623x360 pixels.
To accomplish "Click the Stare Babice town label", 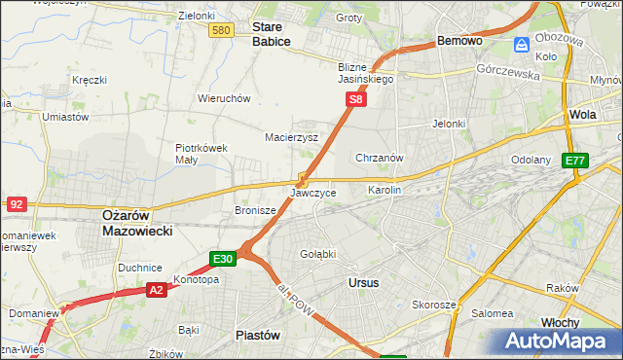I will [272, 35].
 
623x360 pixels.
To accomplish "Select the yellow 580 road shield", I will [221, 31].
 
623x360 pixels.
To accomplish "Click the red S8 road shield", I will [357, 99].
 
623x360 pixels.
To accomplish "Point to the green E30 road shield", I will [223, 258].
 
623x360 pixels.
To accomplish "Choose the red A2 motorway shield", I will [157, 289].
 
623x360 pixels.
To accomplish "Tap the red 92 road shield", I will [16, 203].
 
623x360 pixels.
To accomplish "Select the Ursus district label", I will [363, 282].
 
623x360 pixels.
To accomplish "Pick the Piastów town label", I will [258, 335].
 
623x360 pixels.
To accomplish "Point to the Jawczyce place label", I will [313, 194].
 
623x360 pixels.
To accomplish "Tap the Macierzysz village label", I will [292, 138].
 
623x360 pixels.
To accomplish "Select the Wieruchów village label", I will [225, 98].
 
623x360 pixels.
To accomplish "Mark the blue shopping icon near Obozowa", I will [523, 45].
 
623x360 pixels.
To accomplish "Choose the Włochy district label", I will [561, 322].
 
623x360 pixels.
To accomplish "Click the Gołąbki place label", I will [318, 254].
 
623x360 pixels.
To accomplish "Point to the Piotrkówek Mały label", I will [202, 155].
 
